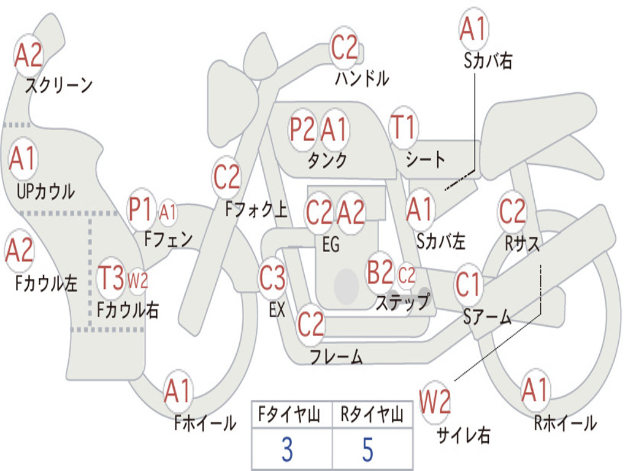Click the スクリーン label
point(58,85)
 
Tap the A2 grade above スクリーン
point(28,56)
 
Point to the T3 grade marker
point(112,279)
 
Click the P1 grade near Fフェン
point(141,210)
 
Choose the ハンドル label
point(362,78)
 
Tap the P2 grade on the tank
point(302,129)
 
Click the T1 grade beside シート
point(403,128)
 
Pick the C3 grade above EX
point(272,279)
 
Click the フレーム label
point(336,356)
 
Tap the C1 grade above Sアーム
point(469,285)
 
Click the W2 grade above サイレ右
point(435,403)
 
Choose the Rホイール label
point(565,423)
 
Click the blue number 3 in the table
point(286,450)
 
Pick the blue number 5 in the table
point(367,450)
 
